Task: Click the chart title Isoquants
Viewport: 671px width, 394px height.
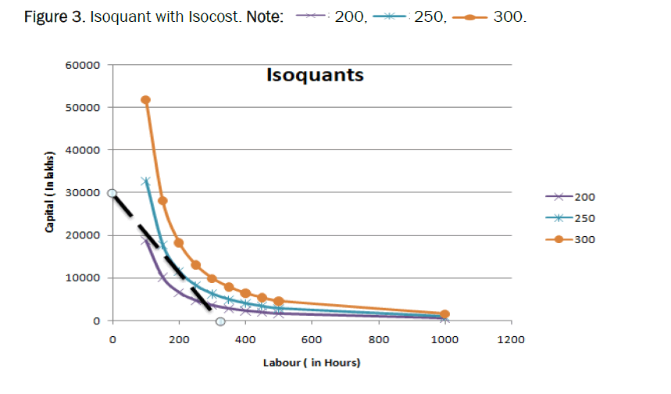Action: click(315, 76)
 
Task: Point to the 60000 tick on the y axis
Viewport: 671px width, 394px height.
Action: click(83, 65)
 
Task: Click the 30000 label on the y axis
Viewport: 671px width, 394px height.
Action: click(83, 193)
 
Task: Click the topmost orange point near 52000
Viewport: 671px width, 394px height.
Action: click(145, 100)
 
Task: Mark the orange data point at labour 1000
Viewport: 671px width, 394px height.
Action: click(444, 314)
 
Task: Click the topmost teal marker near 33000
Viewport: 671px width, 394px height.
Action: click(145, 181)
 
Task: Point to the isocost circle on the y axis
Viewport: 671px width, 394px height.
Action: click(112, 193)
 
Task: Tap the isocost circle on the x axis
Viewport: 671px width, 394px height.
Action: click(220, 321)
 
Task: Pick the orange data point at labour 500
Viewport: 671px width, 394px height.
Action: click(279, 301)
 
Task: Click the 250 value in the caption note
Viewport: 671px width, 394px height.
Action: click(428, 17)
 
